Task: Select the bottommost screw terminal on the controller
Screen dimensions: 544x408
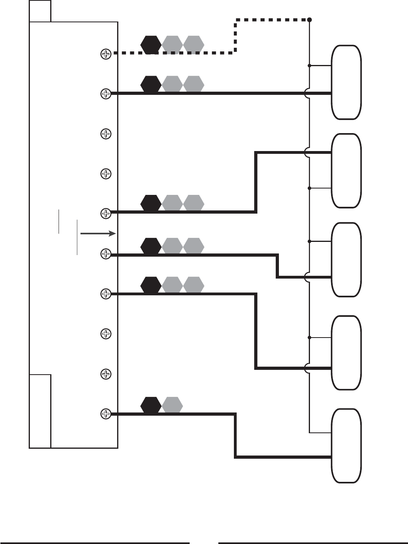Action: [x=106, y=414]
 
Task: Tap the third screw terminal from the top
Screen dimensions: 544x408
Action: [x=106, y=134]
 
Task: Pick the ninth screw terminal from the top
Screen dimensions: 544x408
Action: [x=106, y=374]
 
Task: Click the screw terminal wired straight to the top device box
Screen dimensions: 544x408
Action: [x=106, y=94]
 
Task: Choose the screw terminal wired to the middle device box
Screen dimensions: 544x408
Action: [x=106, y=254]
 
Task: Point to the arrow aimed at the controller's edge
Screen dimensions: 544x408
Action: [x=98, y=234]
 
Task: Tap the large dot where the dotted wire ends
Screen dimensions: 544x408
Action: [x=310, y=20]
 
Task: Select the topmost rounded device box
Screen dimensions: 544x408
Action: [x=346, y=82]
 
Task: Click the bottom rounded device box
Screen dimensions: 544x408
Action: [x=346, y=446]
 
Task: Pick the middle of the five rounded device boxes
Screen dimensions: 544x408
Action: [x=346, y=259]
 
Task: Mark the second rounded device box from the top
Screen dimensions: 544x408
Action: [x=346, y=171]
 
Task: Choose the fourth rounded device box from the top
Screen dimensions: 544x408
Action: [x=346, y=353]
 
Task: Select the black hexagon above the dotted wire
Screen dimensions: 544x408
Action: [x=151, y=44]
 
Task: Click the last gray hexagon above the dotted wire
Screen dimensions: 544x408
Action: [x=194, y=44]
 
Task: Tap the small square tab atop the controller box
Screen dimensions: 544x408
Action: [x=40, y=11]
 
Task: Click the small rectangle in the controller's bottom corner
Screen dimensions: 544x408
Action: [x=40, y=411]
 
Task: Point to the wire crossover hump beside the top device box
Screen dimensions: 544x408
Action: [x=307, y=93]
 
